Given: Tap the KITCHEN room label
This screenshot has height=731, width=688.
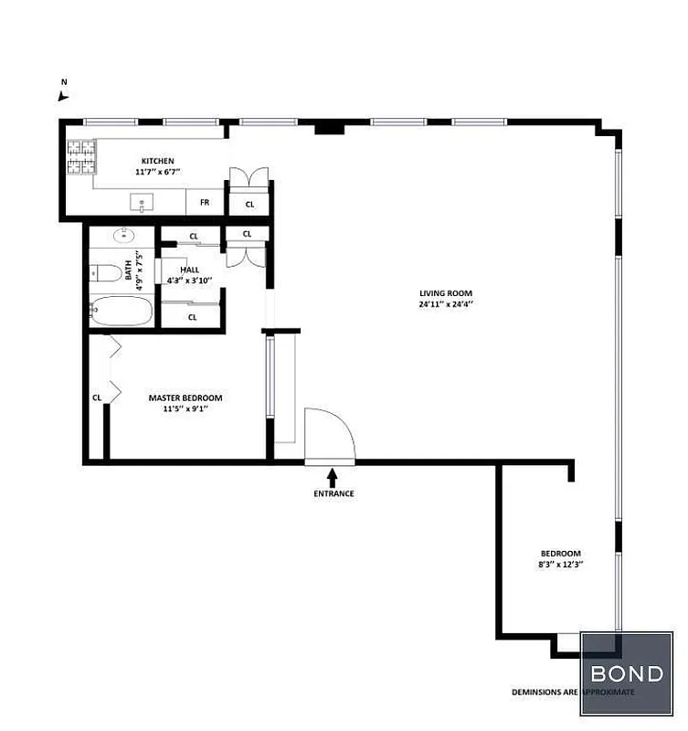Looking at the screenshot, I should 157,161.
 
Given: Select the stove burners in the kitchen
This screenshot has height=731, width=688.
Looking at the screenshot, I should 80,156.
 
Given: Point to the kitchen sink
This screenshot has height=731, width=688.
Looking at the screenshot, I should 142,201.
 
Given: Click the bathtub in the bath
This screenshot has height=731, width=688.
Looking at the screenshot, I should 122,312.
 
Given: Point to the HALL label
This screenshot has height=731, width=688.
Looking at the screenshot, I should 189,270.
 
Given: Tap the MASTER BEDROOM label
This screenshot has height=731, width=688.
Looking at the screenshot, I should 185,397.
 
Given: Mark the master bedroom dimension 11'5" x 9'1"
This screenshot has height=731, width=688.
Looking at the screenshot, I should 185,409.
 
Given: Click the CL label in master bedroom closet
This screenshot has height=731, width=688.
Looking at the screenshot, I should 96,397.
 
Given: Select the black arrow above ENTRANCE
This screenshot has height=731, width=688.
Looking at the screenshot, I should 332,475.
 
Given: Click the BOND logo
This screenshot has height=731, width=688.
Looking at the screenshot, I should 627,674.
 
